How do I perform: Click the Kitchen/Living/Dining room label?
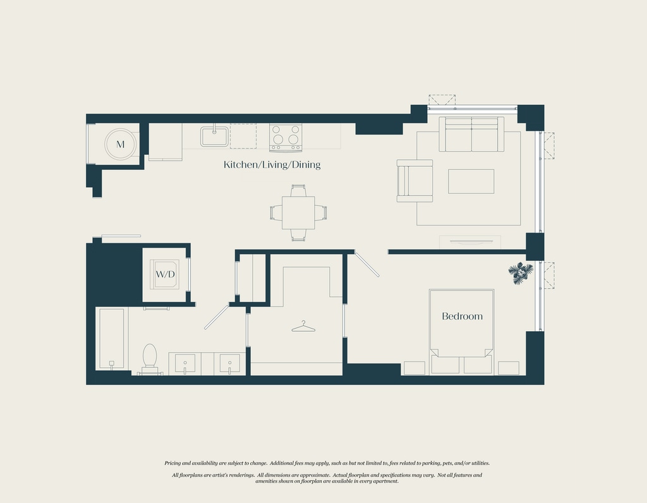click(x=272, y=165)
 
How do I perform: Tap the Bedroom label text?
click(x=462, y=316)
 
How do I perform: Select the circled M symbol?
click(x=121, y=145)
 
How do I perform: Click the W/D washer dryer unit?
click(x=165, y=274)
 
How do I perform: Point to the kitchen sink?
click(x=215, y=136)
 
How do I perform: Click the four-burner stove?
click(x=286, y=137)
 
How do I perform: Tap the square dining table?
click(x=298, y=213)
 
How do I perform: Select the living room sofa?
click(x=471, y=134)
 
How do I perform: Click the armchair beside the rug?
click(x=415, y=181)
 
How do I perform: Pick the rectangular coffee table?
click(x=471, y=181)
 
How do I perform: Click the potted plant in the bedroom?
click(x=521, y=273)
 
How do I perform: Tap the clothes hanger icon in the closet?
click(x=303, y=327)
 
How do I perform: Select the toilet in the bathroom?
click(x=150, y=359)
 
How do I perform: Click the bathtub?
click(x=111, y=338)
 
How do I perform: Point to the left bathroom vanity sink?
click(x=185, y=363)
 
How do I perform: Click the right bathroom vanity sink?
click(x=229, y=363)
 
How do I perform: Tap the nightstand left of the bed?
click(x=414, y=368)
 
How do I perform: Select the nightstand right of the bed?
click(x=509, y=368)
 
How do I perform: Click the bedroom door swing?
click(x=367, y=265)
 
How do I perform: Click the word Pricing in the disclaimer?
click(x=173, y=463)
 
